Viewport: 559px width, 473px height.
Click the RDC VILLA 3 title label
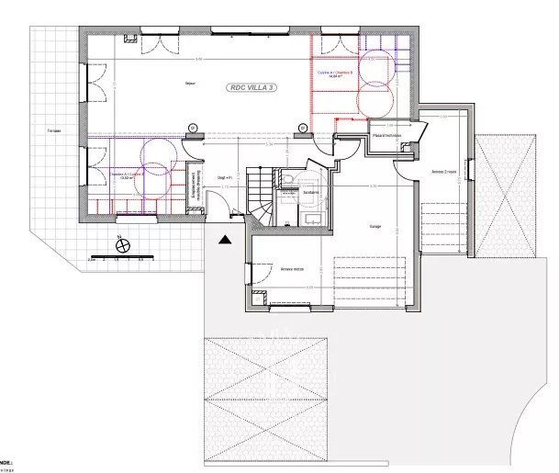tap(254, 86)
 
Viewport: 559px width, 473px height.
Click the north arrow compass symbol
tap(120, 244)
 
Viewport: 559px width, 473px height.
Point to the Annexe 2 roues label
tap(444, 171)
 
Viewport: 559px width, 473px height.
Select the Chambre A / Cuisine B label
tap(125, 174)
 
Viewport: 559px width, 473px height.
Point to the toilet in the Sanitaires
tap(288, 180)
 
